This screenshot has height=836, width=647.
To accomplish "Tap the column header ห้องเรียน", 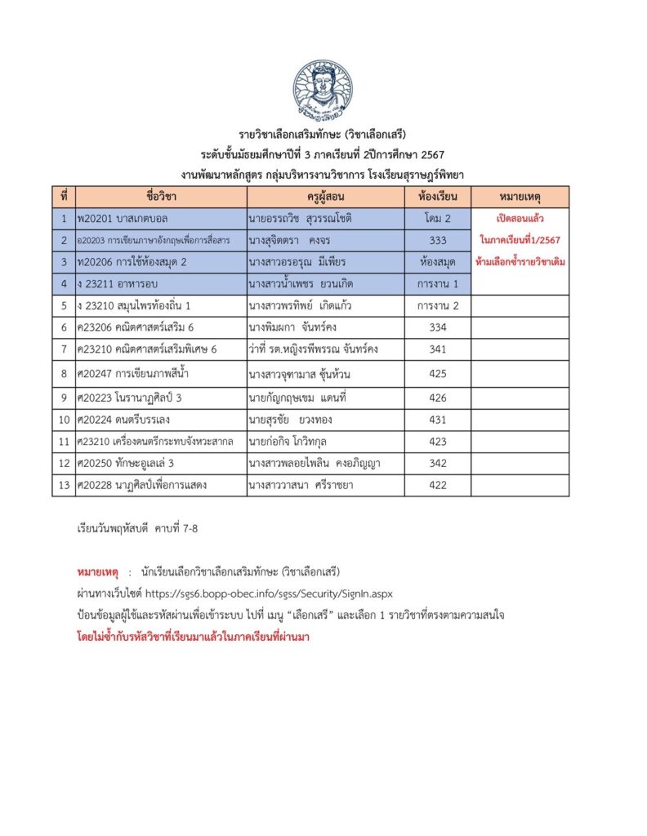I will tap(437, 197).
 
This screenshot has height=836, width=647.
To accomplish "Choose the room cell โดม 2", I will tap(437, 219).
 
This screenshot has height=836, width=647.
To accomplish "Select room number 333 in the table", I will tap(437, 240).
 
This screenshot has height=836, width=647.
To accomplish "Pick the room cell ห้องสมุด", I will tap(437, 262).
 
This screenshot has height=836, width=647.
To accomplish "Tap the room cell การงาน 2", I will tap(437, 306).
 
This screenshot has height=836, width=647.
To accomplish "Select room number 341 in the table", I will tap(437, 349).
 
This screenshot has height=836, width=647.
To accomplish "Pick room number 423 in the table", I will tap(437, 442).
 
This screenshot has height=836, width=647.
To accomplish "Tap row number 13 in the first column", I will tap(63, 485).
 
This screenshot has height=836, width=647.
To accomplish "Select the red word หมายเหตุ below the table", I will tap(97, 570).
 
